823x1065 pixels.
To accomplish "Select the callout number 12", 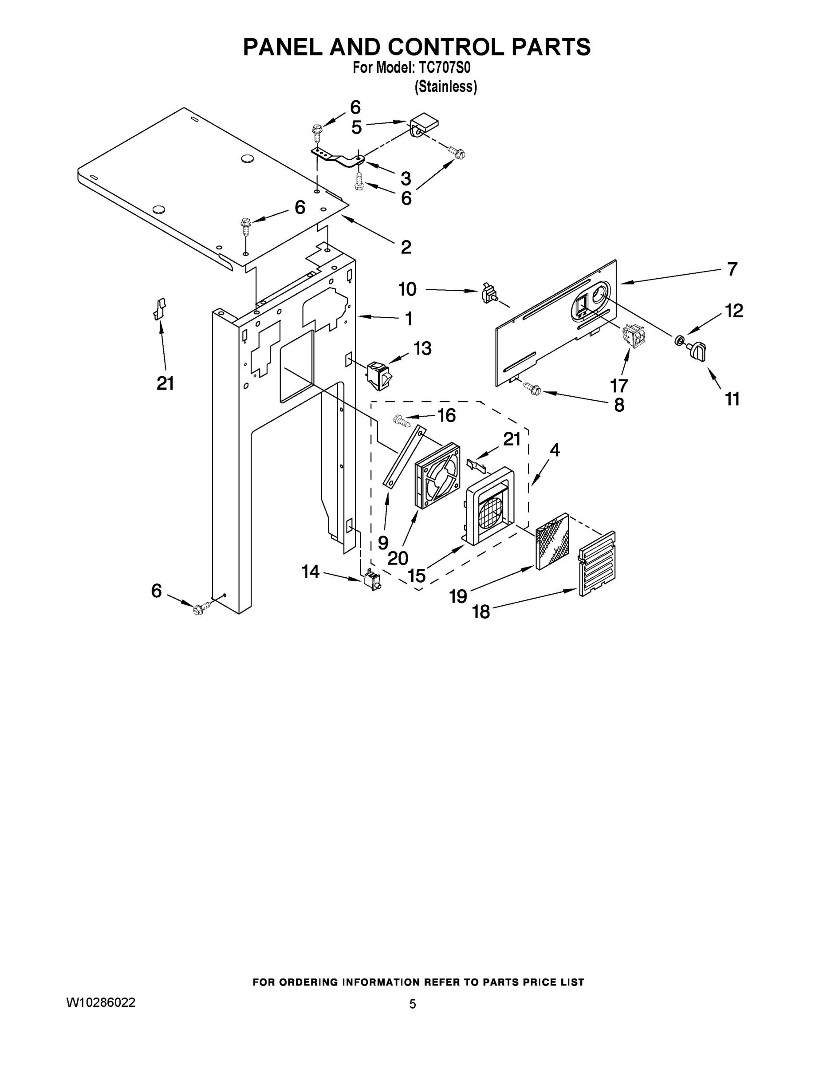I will pyautogui.click(x=734, y=311).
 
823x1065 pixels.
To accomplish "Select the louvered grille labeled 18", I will pyautogui.click(x=597, y=563).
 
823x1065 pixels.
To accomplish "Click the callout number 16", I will pyautogui.click(x=446, y=415).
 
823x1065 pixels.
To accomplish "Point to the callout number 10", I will pyautogui.click(x=408, y=289).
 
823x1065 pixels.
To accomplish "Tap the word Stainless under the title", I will pyautogui.click(x=445, y=87).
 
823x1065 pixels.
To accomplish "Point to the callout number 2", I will pyautogui.click(x=406, y=247).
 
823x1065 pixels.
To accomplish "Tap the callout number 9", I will pyautogui.click(x=383, y=542).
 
